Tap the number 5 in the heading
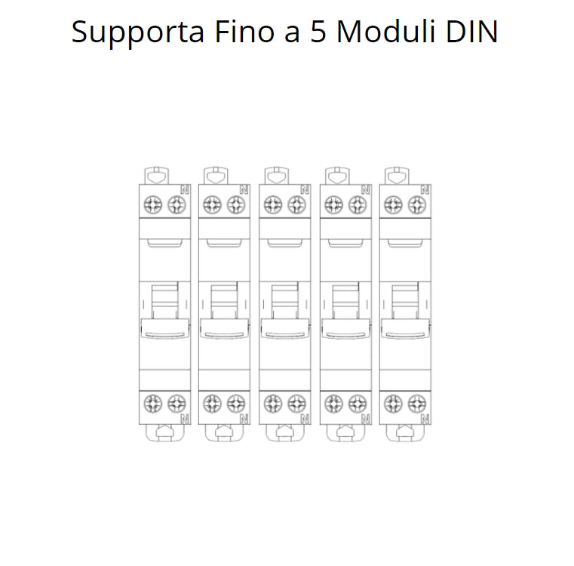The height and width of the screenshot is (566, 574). [318, 32]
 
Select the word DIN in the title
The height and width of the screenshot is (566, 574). [471, 32]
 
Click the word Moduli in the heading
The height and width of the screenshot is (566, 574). [385, 32]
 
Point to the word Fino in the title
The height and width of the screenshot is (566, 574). [244, 32]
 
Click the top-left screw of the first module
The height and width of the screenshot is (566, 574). [152, 205]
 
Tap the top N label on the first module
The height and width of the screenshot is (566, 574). [185, 189]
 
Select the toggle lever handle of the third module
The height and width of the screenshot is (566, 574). [285, 328]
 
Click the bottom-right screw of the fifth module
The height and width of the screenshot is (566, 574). [417, 404]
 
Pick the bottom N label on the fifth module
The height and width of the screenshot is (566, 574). [425, 418]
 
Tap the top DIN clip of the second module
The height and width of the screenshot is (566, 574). [216, 176]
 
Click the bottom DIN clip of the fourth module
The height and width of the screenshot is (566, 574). [345, 432]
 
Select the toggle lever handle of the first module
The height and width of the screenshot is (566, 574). [164, 328]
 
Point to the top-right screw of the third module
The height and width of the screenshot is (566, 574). [296, 205]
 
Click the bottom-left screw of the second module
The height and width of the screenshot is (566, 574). [212, 404]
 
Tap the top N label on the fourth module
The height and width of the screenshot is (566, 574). [366, 189]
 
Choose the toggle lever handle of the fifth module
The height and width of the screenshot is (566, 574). [405, 328]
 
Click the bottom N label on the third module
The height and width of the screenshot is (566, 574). [305, 418]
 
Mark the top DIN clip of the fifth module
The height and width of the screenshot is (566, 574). [397, 176]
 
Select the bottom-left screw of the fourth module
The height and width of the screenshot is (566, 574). [334, 404]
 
